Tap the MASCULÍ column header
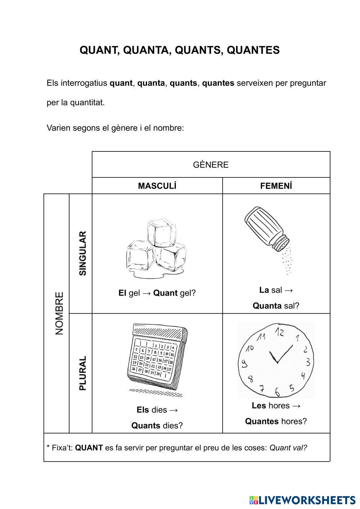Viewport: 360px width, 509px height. point(157,186)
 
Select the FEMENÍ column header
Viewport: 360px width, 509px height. point(276,186)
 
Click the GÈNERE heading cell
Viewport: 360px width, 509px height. point(211,165)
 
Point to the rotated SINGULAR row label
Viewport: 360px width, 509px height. point(83,253)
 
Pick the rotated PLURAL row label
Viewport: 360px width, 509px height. point(83,373)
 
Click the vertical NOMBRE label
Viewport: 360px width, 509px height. point(59,313)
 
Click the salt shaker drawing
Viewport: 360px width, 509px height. point(267,229)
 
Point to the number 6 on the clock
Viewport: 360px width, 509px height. point(277,391)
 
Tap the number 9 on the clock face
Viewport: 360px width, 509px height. point(245,363)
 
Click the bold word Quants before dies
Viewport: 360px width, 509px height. point(146,426)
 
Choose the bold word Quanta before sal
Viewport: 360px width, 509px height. point(267,306)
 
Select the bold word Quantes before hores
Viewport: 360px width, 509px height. point(262,421)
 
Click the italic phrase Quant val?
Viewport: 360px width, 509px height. point(288,448)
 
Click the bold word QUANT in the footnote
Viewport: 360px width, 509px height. point(89,448)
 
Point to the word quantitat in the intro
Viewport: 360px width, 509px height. point(87,103)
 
